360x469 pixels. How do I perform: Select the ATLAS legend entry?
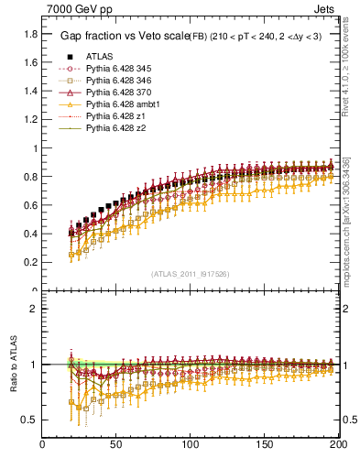[101, 56]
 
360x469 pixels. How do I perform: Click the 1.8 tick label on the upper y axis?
[30, 34]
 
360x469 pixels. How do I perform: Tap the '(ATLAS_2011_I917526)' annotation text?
[190, 273]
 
